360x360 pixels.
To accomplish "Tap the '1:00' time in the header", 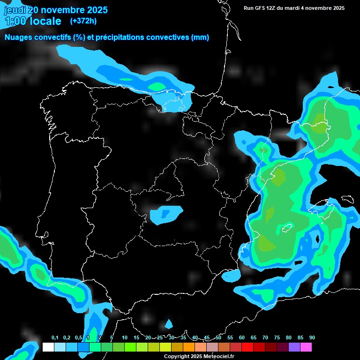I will [17, 21].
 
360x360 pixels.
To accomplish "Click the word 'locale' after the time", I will [48, 21].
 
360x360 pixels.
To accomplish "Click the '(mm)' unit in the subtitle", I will [200, 37].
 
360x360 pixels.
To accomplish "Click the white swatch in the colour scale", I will [48, 347].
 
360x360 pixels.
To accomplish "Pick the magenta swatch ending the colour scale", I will [306, 347].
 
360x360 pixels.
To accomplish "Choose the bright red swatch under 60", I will [247, 347].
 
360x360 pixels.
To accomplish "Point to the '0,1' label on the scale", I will [54, 338].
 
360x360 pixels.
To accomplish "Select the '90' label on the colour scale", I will [312, 338].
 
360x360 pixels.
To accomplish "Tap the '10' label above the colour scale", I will [124, 338].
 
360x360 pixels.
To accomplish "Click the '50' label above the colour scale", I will [218, 338].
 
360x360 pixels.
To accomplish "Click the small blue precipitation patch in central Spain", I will [165, 213].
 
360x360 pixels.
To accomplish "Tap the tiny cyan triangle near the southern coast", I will [169, 324].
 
